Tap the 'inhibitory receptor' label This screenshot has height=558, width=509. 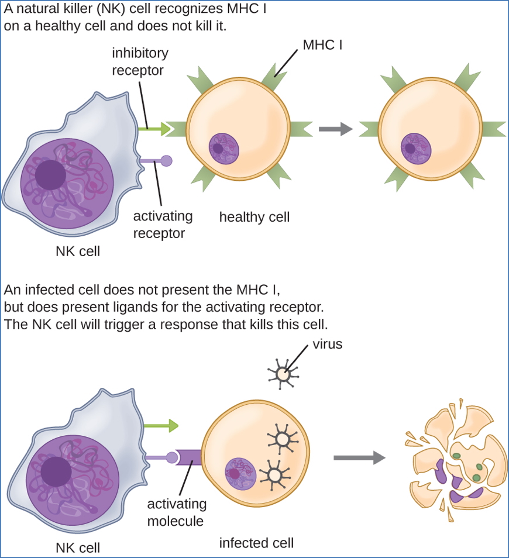[140, 61]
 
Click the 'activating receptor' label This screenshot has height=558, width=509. [163, 225]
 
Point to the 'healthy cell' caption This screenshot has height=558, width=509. [254, 217]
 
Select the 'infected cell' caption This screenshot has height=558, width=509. [256, 543]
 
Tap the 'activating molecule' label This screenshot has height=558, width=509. [177, 512]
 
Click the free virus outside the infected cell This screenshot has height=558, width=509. [283, 373]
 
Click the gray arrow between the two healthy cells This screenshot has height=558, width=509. [335, 129]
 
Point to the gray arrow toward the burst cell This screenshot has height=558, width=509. [359, 458]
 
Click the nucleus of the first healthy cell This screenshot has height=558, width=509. [224, 147]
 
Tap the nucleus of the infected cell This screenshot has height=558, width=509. [240, 473]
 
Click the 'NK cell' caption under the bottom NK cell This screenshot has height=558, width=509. [78, 548]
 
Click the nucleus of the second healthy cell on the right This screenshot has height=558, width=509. [417, 147]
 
